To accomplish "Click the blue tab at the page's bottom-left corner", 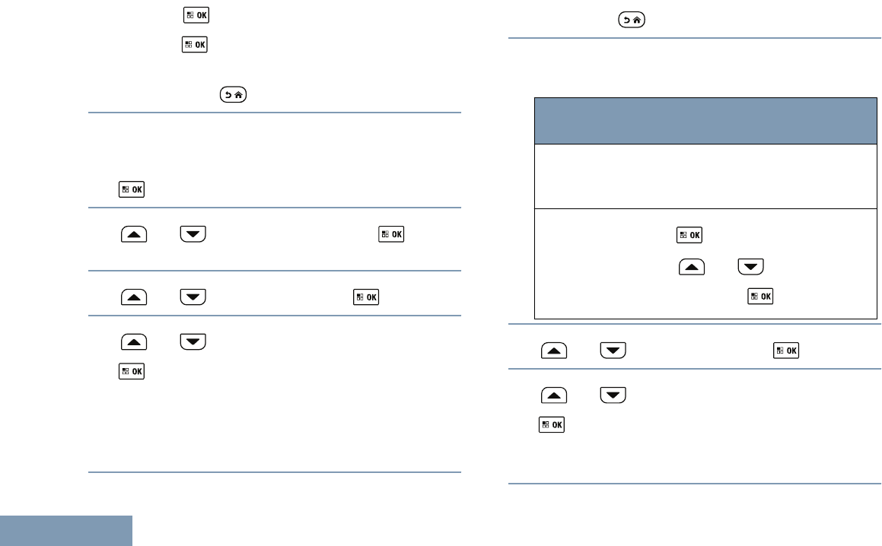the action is click(x=66, y=530).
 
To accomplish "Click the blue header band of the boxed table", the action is click(x=702, y=120).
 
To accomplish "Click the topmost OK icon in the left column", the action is click(x=185, y=15).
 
